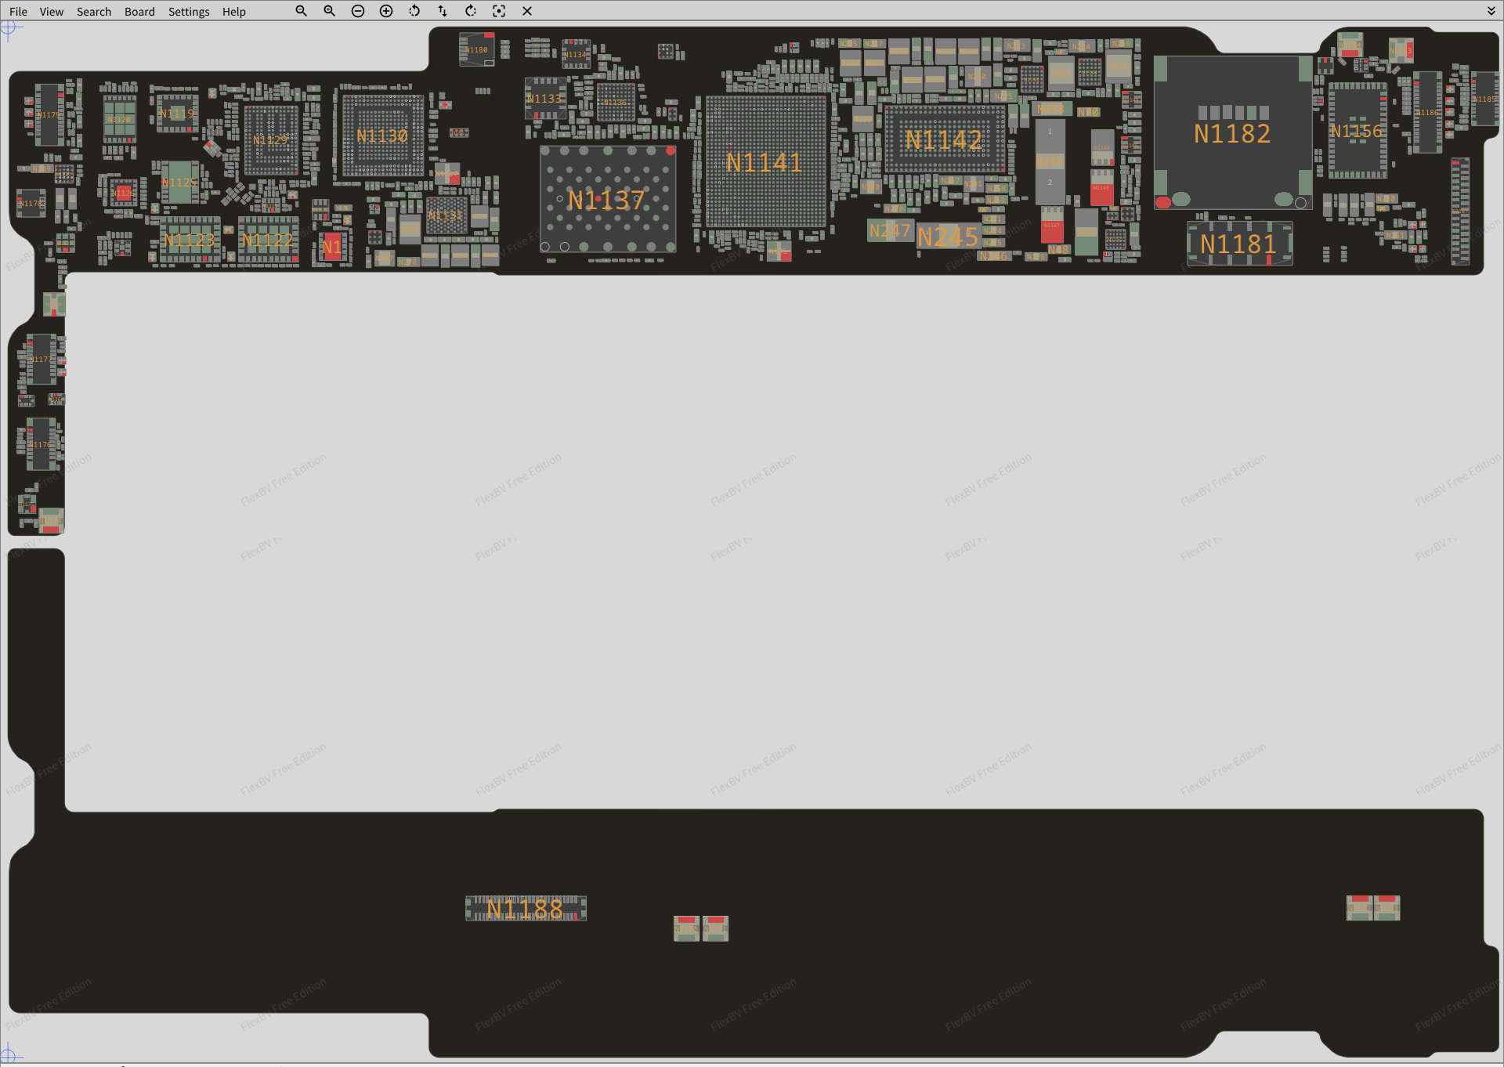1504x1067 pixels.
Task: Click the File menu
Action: (18, 12)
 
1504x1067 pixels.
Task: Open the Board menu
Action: (139, 12)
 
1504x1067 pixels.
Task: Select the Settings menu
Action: (189, 12)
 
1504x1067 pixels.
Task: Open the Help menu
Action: (233, 12)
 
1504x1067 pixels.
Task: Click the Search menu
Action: (94, 12)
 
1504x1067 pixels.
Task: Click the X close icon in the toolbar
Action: (527, 11)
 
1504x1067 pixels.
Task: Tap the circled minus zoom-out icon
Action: (358, 11)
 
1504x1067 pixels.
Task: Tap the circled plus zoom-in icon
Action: (386, 11)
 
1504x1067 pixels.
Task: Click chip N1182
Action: (1232, 133)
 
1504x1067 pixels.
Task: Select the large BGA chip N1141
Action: (765, 162)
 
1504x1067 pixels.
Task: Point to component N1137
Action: (607, 200)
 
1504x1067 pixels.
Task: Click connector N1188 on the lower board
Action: (526, 909)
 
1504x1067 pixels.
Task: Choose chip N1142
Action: (944, 139)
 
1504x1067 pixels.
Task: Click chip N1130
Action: (382, 136)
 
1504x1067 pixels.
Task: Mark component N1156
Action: (1357, 131)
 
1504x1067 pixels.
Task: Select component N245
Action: (948, 237)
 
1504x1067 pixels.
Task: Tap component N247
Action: (890, 230)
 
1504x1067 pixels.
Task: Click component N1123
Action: (189, 240)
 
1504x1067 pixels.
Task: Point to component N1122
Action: (267, 240)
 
